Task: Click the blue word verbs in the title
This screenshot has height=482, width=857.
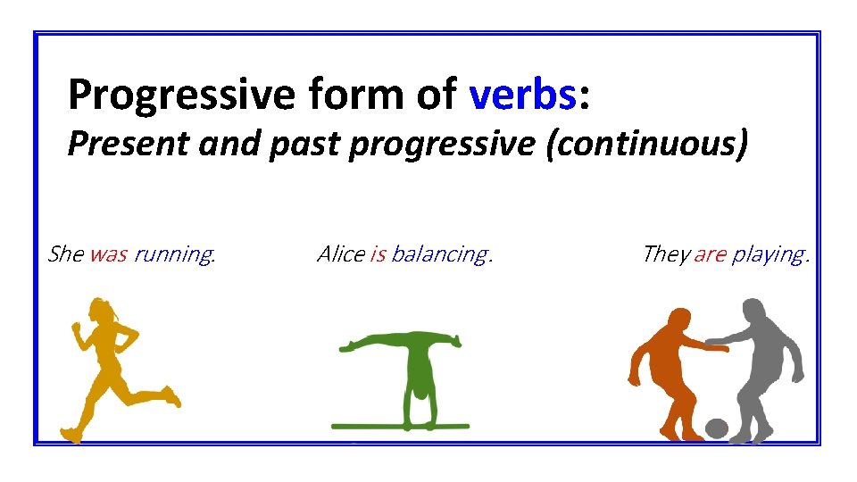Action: point(523,93)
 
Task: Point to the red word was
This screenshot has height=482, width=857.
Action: point(108,254)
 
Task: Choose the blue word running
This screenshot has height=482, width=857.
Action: point(173,255)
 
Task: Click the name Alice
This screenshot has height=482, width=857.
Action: point(340,254)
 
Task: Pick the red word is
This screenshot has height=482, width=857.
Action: point(378,254)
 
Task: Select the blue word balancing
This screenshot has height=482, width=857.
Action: point(439,255)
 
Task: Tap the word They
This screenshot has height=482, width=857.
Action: point(665,254)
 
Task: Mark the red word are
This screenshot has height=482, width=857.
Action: point(710,254)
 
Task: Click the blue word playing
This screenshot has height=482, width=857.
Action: point(768,255)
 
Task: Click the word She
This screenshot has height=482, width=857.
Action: point(65,254)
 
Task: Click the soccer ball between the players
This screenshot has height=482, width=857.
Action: point(717,428)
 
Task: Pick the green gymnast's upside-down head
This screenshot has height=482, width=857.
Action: point(417,393)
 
